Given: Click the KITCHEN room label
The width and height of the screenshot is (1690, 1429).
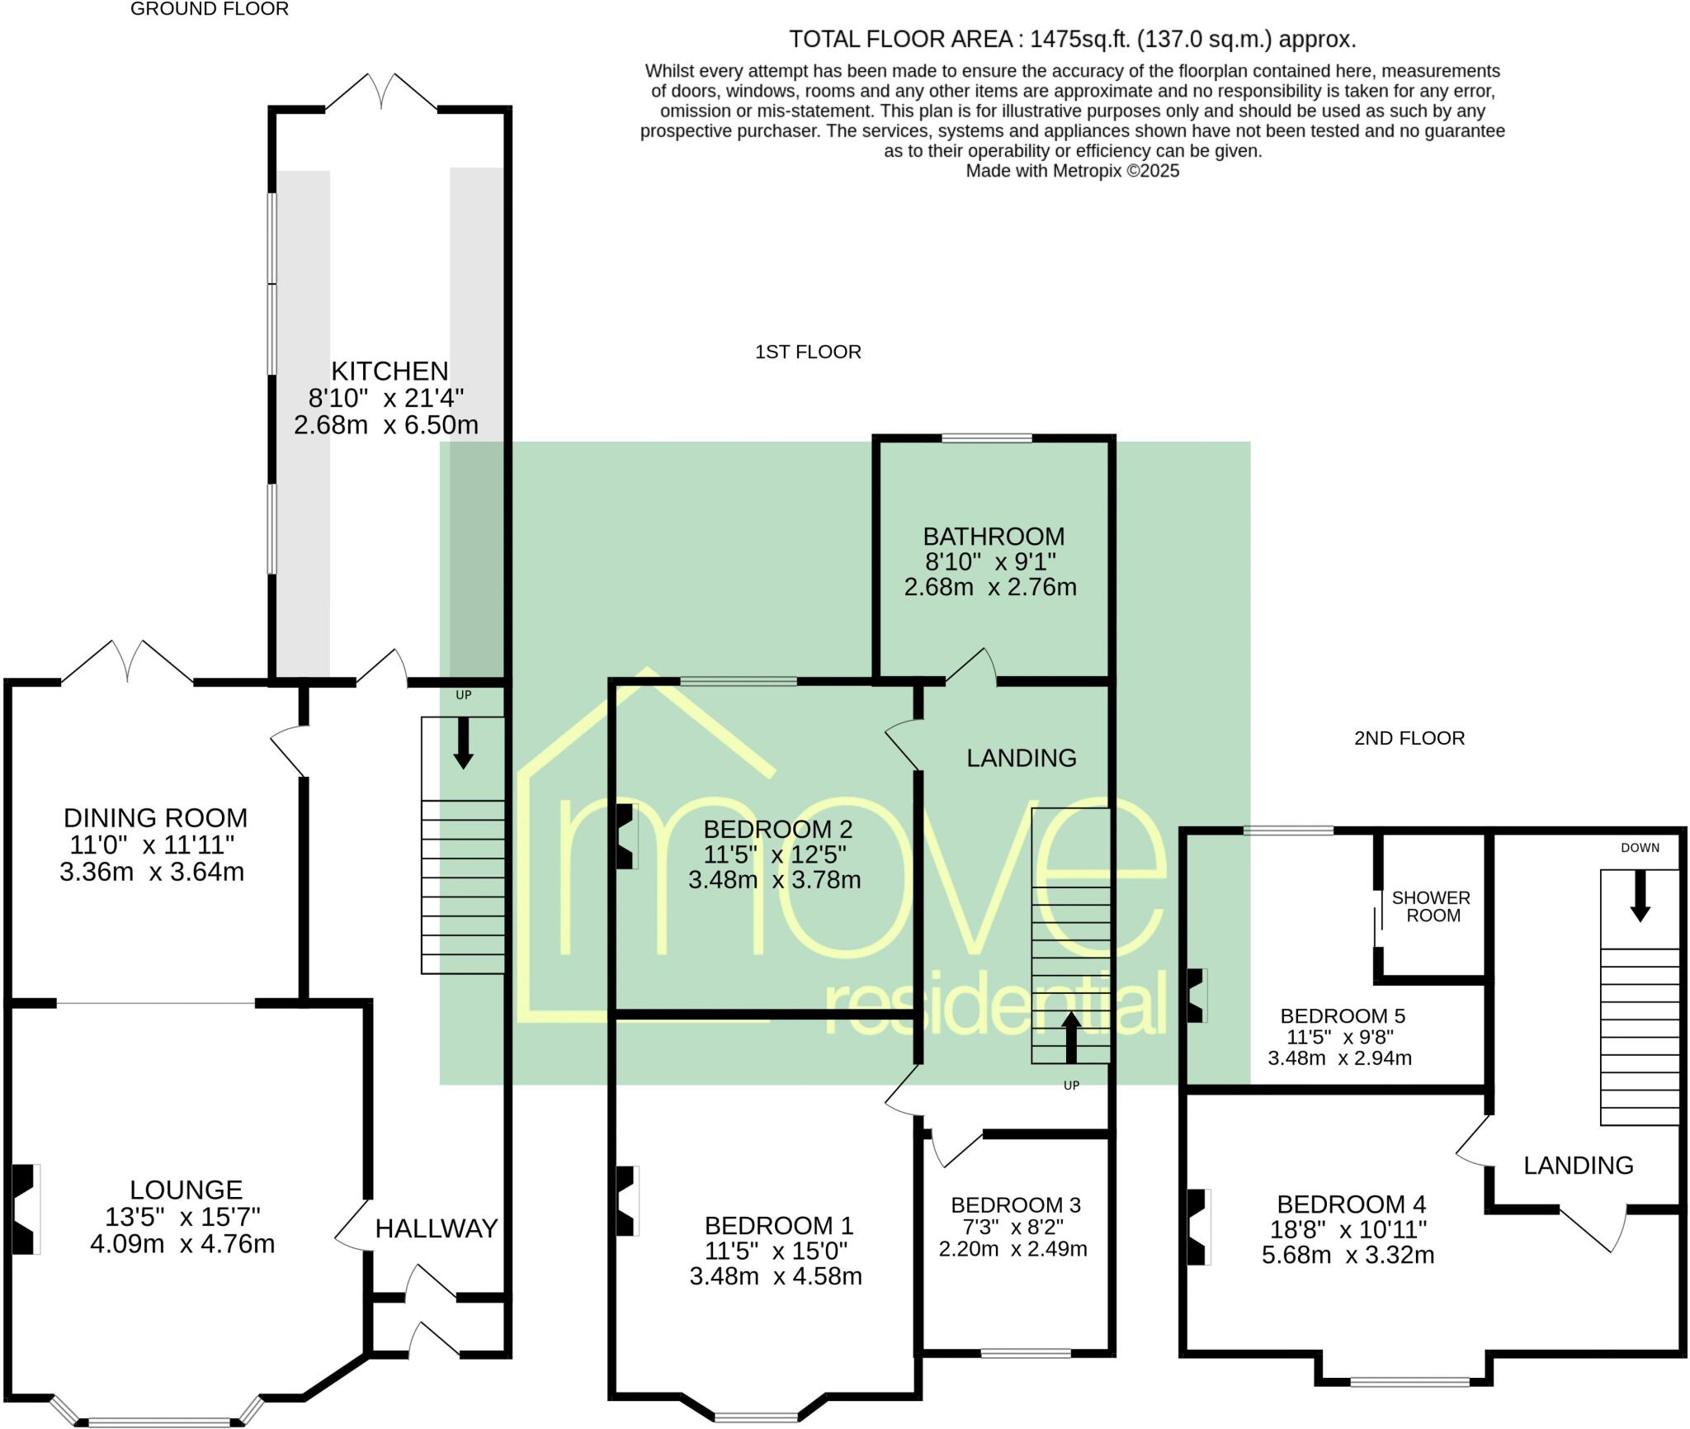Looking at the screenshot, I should pyautogui.click(x=389, y=371).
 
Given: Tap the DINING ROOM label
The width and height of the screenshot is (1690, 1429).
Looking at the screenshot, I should pyautogui.click(x=155, y=818).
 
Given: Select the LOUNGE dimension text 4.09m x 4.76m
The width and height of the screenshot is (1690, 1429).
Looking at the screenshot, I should pyautogui.click(x=182, y=1243).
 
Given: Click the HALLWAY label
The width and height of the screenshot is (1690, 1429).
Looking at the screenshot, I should pyautogui.click(x=437, y=1228).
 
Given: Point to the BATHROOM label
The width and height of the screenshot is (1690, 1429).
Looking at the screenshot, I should pyautogui.click(x=994, y=537).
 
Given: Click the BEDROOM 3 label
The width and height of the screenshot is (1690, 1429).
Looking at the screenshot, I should pyautogui.click(x=1016, y=1205).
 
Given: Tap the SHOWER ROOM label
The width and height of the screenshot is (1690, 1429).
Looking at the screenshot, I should pyautogui.click(x=1432, y=906).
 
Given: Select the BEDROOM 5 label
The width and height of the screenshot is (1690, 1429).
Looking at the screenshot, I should pyautogui.click(x=1343, y=1016).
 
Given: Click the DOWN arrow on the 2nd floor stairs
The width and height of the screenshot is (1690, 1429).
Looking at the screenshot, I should pyautogui.click(x=1640, y=896).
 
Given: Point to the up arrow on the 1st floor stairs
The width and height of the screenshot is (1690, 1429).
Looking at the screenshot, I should pyautogui.click(x=1070, y=1039).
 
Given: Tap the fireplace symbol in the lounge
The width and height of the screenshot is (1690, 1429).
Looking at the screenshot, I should pyautogui.click(x=25, y=1210).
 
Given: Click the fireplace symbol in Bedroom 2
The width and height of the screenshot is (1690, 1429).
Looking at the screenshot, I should pyautogui.click(x=626, y=836).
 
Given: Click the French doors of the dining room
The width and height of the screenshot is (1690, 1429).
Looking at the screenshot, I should pyautogui.click(x=128, y=661).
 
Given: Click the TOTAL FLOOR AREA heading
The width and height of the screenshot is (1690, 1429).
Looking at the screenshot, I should pyautogui.click(x=1072, y=39).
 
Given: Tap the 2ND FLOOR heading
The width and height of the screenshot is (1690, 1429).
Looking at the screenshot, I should pyautogui.click(x=1409, y=738).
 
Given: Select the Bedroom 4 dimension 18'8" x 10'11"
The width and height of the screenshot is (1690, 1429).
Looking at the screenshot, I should pyautogui.click(x=1348, y=1230).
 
